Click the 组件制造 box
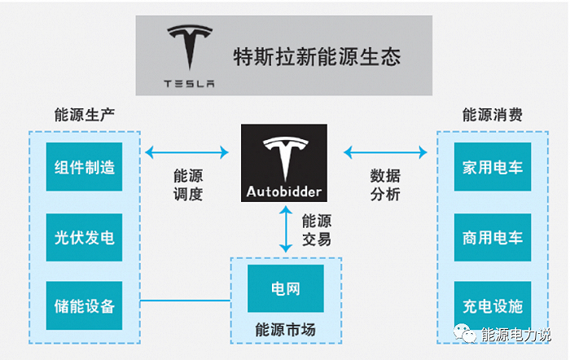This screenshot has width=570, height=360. (84, 168)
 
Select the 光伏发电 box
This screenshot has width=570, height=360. (84, 238)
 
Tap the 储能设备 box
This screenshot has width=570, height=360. (84, 307)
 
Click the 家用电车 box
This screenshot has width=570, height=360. (492, 168)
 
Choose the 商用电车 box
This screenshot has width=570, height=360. (492, 238)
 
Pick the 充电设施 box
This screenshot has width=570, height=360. (492, 307)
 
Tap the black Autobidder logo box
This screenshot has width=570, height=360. (283, 163)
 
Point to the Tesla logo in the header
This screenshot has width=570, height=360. (189, 57)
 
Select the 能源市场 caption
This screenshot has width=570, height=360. (286, 330)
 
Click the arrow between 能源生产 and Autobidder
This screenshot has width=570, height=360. (186, 151)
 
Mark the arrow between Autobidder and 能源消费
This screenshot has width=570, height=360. (385, 151)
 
